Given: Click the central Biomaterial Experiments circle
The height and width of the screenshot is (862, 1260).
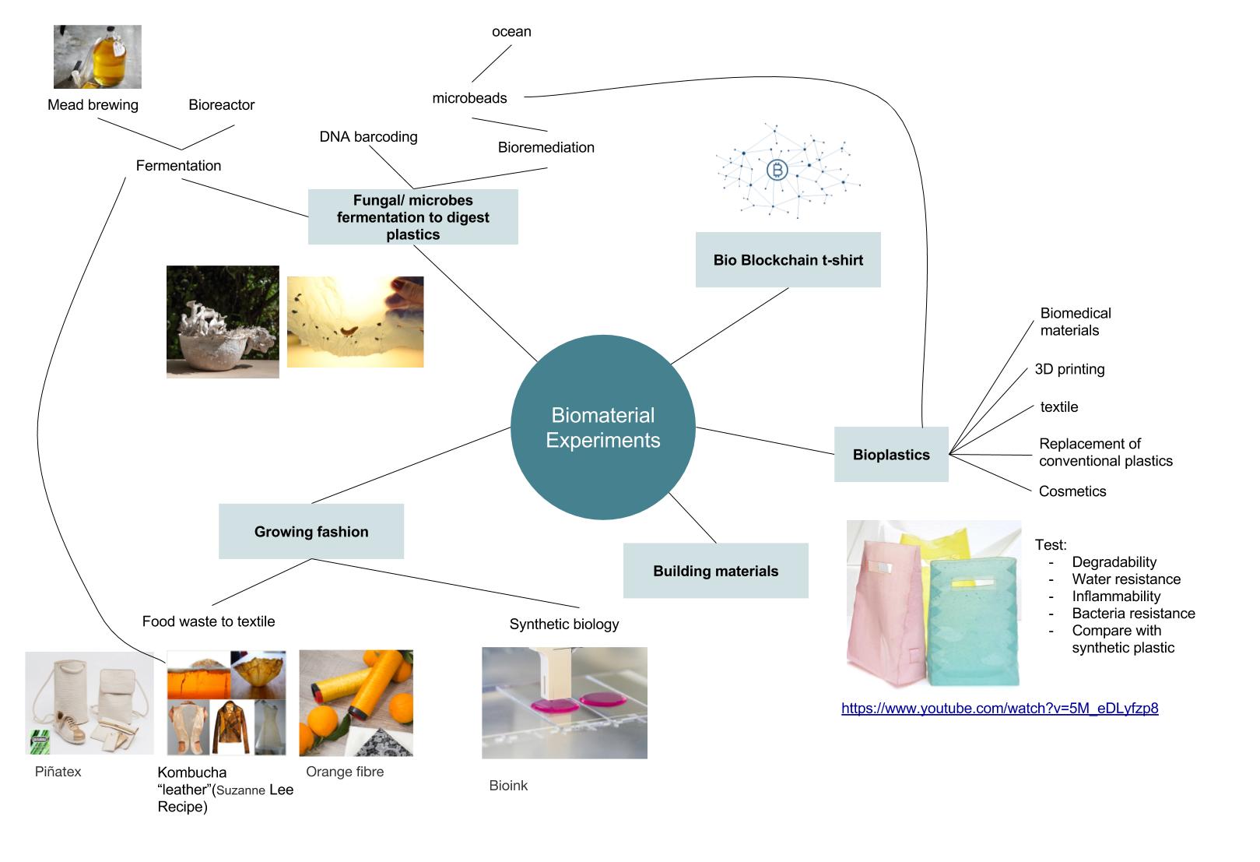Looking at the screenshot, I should (602, 427).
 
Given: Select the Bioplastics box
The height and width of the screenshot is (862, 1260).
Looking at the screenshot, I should (891, 455).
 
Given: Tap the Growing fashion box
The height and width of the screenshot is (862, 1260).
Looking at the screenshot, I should (311, 532).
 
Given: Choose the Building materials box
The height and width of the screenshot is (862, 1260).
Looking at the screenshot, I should (715, 571).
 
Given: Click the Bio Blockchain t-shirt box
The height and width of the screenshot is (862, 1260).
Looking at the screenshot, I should (788, 260).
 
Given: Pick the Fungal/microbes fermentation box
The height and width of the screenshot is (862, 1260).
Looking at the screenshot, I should (412, 217).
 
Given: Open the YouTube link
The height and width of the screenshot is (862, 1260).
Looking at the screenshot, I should (999, 709).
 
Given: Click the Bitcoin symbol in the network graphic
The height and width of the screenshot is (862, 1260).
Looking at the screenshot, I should (777, 170).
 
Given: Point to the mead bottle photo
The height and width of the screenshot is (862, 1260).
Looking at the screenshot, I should (97, 57).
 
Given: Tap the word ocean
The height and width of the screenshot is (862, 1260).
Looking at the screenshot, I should (511, 32).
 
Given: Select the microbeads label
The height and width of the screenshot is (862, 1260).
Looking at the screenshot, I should (469, 98).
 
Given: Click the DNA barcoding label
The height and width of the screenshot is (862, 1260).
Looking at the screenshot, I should (368, 137).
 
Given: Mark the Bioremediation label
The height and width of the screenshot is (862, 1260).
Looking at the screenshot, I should (546, 147).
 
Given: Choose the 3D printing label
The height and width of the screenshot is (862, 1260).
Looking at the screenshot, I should (1069, 369).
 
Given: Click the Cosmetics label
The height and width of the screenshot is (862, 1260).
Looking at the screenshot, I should (1072, 491).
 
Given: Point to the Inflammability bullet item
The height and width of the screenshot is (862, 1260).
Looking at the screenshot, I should (1116, 596).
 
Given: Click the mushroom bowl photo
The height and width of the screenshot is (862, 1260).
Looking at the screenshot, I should (223, 322).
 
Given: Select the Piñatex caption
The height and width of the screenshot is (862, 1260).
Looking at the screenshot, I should (58, 772).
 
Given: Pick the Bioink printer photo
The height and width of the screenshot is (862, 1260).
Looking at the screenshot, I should (564, 703).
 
